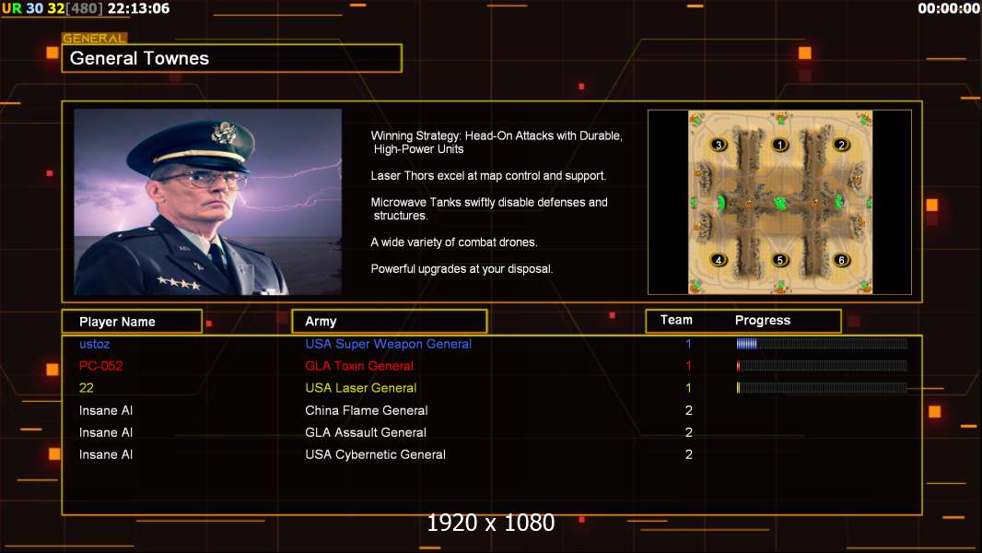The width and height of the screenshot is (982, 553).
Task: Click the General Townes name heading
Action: (x=139, y=58)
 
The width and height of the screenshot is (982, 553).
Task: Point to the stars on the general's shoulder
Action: (x=179, y=283)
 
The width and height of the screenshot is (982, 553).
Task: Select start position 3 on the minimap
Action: (x=719, y=145)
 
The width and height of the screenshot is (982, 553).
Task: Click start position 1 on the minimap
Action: (x=779, y=145)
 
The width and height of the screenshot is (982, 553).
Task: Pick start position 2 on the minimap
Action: (x=841, y=145)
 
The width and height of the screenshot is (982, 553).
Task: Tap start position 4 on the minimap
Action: (x=719, y=260)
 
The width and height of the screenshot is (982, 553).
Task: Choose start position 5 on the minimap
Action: (x=779, y=260)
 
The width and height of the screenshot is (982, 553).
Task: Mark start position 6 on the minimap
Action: (x=841, y=260)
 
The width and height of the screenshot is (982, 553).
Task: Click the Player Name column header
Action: (x=117, y=322)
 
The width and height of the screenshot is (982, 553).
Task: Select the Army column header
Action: (x=321, y=322)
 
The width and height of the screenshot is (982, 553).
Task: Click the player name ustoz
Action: (x=95, y=344)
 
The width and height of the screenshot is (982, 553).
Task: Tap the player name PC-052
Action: (x=100, y=366)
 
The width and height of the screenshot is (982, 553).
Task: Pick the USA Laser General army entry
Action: (x=361, y=388)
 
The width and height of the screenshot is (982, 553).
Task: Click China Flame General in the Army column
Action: (x=367, y=410)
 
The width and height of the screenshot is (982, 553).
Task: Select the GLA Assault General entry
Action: (x=366, y=432)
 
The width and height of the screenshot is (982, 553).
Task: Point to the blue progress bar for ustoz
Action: (x=746, y=343)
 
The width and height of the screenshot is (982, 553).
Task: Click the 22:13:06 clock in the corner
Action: (x=138, y=9)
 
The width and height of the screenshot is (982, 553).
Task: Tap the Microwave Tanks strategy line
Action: (x=489, y=208)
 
